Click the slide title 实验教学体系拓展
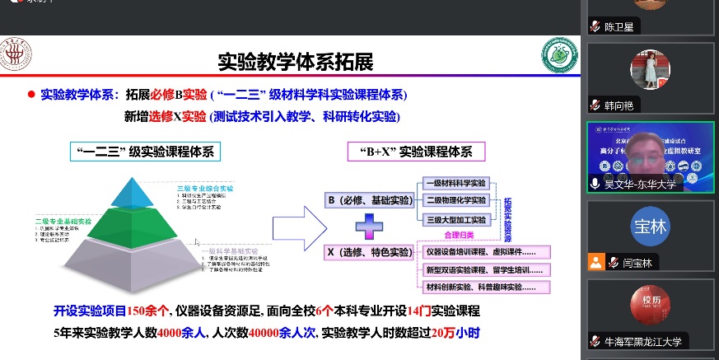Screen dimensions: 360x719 (x=295, y=63)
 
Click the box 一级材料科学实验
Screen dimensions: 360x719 (x=455, y=183)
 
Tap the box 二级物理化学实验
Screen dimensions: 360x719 (x=455, y=200)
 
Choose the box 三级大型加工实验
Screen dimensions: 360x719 (x=455, y=218)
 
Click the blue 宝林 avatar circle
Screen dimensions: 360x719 (x=649, y=225)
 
